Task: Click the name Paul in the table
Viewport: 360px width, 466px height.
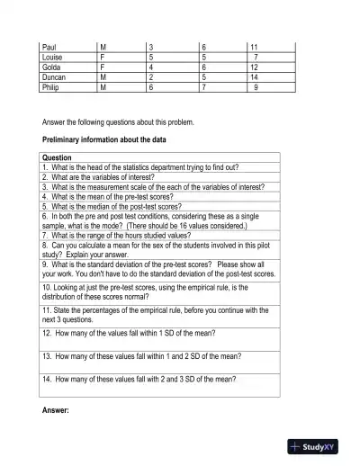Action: coord(49,45)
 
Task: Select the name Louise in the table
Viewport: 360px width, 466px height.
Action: coord(53,56)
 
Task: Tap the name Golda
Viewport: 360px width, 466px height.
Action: coord(51,67)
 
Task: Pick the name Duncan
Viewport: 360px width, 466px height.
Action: coord(54,77)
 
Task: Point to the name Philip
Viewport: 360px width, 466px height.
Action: coord(52,88)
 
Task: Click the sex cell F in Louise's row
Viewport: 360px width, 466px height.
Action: coord(103,56)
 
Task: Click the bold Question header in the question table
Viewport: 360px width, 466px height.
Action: coord(58,158)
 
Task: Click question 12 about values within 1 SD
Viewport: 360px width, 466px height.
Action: coord(133,333)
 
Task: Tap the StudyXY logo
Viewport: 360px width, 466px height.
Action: coord(319,446)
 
